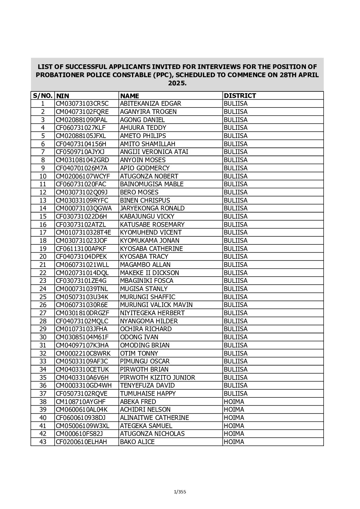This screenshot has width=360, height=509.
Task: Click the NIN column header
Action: point(63,96)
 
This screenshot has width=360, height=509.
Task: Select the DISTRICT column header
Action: point(240,96)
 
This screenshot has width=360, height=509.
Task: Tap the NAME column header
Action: point(130,96)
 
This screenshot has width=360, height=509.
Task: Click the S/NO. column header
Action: point(43,96)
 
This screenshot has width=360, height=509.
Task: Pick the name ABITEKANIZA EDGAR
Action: point(150,104)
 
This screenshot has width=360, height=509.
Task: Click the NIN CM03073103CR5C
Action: point(81,104)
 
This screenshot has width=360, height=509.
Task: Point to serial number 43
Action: point(43,442)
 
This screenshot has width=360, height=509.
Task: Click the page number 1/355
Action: point(180,492)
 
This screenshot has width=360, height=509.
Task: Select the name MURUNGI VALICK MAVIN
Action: point(156,305)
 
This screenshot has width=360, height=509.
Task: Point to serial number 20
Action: point(43,257)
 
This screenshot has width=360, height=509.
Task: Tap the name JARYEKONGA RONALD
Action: point(152,208)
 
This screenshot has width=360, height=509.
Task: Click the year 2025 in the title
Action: point(177,83)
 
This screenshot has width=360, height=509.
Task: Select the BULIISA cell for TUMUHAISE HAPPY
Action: point(235,394)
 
